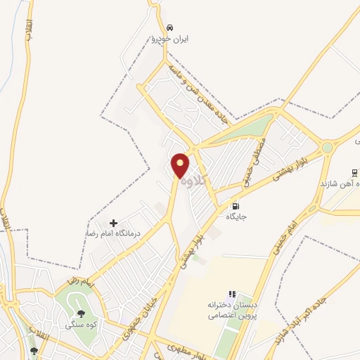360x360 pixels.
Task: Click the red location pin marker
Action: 180,165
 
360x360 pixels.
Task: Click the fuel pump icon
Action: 234,207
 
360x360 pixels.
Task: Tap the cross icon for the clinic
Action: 114,222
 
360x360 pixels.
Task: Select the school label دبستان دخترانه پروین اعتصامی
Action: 231,311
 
